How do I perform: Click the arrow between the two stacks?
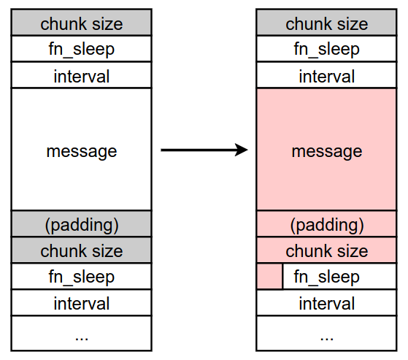[x=204, y=150]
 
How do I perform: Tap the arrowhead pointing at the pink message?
[x=242, y=150]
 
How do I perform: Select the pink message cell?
[x=326, y=150]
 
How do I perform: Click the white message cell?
[x=82, y=150]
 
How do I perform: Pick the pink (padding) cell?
[x=326, y=224]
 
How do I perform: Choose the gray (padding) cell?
[x=82, y=224]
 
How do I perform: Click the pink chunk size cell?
[x=326, y=250]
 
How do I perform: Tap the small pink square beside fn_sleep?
[x=269, y=276]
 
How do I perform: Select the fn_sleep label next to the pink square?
[x=326, y=277]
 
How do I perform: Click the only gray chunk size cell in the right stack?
[x=326, y=23]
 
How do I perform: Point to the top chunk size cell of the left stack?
[x=82, y=23]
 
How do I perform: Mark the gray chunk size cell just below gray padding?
[x=82, y=250]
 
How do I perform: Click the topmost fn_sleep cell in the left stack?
[x=82, y=49]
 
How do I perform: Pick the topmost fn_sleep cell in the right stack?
[x=326, y=49]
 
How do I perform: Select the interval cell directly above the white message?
[x=82, y=75]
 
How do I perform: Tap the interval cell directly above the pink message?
[x=326, y=75]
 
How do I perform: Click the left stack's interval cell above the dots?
[x=82, y=302]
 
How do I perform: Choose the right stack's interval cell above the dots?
[x=326, y=302]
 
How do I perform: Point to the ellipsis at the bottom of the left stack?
[x=82, y=339]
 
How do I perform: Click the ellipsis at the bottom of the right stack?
[x=327, y=339]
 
